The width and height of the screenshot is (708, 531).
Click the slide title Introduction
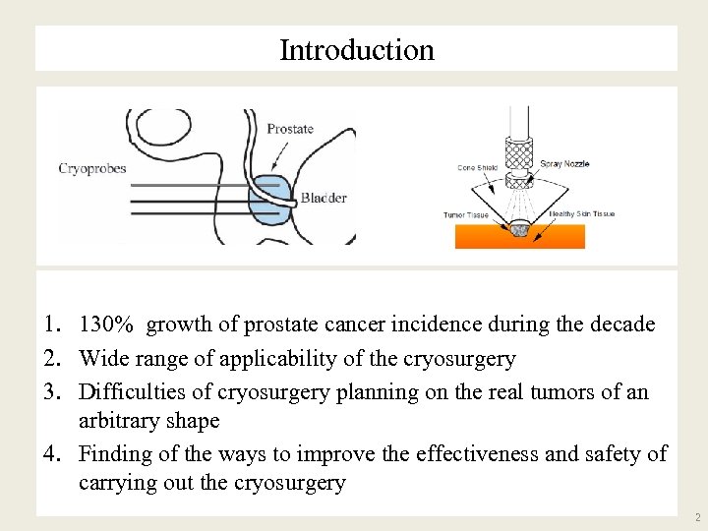click(x=356, y=50)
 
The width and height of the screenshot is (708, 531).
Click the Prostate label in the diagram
click(x=290, y=129)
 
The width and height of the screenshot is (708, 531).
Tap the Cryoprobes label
click(x=92, y=168)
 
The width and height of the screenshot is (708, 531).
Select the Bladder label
click(x=324, y=199)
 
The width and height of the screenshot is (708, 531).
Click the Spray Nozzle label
click(x=564, y=164)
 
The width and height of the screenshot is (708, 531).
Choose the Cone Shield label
click(x=478, y=168)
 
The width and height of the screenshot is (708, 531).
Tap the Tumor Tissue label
click(x=466, y=215)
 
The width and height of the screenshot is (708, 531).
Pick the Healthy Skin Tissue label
click(x=582, y=214)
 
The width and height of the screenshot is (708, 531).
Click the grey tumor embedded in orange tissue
click(x=522, y=230)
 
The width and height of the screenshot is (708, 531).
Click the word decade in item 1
click(x=621, y=324)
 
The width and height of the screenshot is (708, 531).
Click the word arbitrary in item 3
click(x=119, y=421)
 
